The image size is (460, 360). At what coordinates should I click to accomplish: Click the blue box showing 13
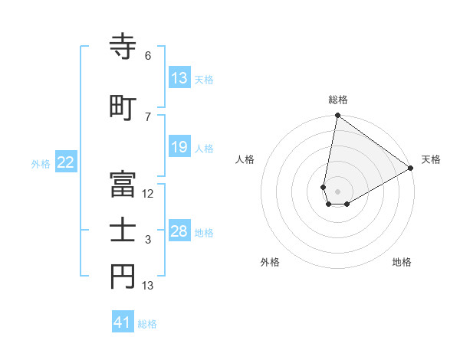179,78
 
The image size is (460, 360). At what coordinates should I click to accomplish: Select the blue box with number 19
179,147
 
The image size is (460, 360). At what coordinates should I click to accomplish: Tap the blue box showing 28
179,231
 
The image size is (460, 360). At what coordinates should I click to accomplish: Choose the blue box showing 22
66,162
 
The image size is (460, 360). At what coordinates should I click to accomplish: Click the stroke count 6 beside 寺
148,56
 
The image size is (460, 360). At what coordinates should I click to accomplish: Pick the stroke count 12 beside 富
148,194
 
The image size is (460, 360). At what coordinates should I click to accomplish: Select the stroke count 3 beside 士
148,241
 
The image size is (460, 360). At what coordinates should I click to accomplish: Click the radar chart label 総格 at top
337,100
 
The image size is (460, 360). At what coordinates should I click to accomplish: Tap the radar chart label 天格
431,160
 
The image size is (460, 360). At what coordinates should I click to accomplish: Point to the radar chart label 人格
245,160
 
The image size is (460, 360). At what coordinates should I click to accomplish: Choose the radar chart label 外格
270,262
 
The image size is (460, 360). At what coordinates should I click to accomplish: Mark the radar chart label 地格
402,262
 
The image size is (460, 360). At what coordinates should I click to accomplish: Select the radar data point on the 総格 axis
337,116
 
